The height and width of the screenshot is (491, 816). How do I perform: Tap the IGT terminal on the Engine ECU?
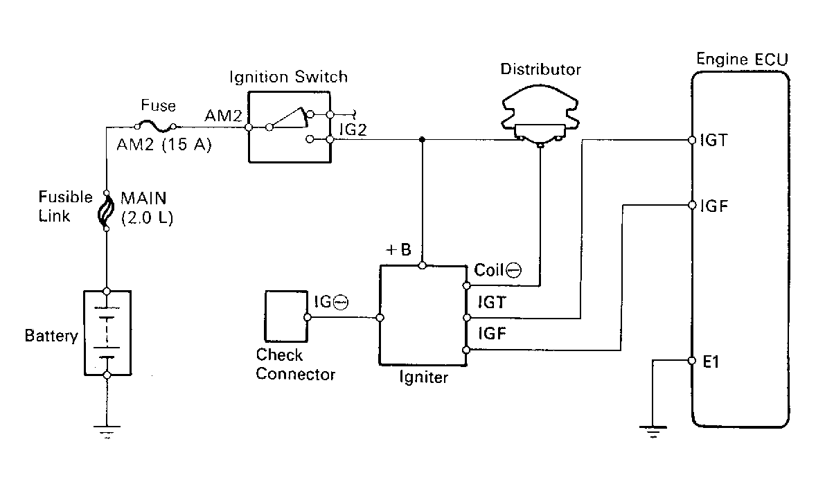coord(692,140)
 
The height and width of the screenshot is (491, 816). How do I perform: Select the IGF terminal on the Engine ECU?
coord(692,205)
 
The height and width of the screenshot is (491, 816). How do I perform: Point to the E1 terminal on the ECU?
coord(692,361)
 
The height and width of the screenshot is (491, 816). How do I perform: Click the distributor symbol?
coord(539,118)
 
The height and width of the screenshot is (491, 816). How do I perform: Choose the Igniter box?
coord(423,315)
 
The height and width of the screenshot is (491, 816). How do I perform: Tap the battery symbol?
coord(107,332)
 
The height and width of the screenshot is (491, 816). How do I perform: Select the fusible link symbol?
coord(107,211)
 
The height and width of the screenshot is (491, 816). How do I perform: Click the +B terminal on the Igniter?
coord(423,265)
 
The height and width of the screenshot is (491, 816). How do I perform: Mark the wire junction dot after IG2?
coord(423,140)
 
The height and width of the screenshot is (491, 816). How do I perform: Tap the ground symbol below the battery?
coord(107,431)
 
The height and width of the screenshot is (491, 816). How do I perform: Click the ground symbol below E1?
coord(652,431)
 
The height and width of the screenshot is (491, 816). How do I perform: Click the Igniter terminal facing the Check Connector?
coord(380,319)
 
